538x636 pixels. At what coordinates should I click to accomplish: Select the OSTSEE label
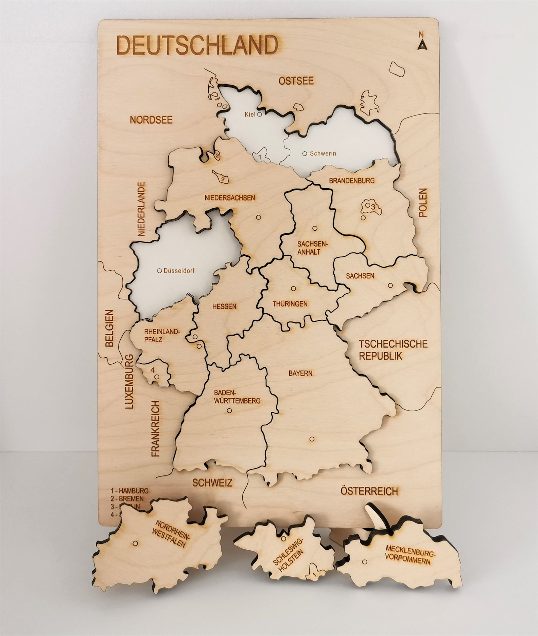coord(296,81)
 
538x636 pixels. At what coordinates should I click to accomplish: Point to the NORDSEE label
coord(151,120)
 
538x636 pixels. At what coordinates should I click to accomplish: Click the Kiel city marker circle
coord(260,114)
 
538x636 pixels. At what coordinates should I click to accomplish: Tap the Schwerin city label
coord(323,153)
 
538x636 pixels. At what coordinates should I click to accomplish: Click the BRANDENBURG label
coord(352,181)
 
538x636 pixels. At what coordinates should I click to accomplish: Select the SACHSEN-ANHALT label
coord(308,248)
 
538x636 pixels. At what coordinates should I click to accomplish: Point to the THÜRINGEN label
coord(290,304)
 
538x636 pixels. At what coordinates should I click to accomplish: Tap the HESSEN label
coord(224,306)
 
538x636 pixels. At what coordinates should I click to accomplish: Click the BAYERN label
coord(301,373)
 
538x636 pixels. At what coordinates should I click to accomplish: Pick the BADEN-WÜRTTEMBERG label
coord(237,397)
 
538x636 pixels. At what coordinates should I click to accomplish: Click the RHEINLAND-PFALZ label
coord(156,336)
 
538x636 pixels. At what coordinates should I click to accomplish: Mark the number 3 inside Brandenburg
coord(372,206)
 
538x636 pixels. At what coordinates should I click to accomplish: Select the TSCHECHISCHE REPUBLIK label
coord(393,350)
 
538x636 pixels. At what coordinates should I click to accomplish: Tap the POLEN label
coord(423,203)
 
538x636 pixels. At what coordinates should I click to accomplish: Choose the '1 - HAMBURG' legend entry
coord(129,490)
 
